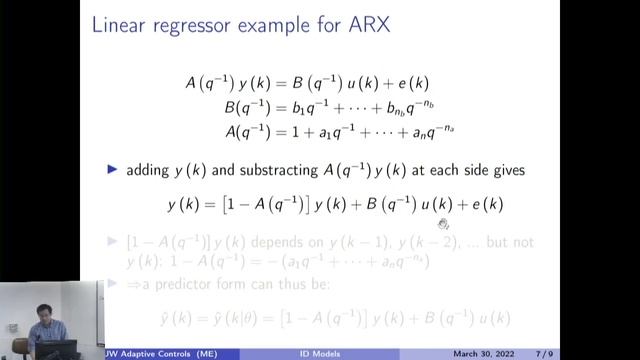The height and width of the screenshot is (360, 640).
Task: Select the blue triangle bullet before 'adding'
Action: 112,170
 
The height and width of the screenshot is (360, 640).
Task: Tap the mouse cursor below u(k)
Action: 443,225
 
